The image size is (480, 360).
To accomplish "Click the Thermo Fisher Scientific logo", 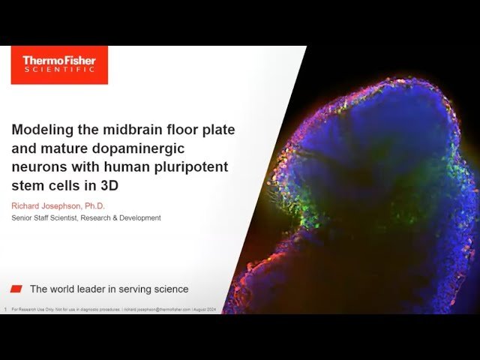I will [59, 65].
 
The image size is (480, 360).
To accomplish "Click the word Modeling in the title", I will [41, 130].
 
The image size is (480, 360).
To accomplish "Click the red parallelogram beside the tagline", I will [16, 289].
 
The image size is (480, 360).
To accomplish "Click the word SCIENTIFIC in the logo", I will [59, 70].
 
